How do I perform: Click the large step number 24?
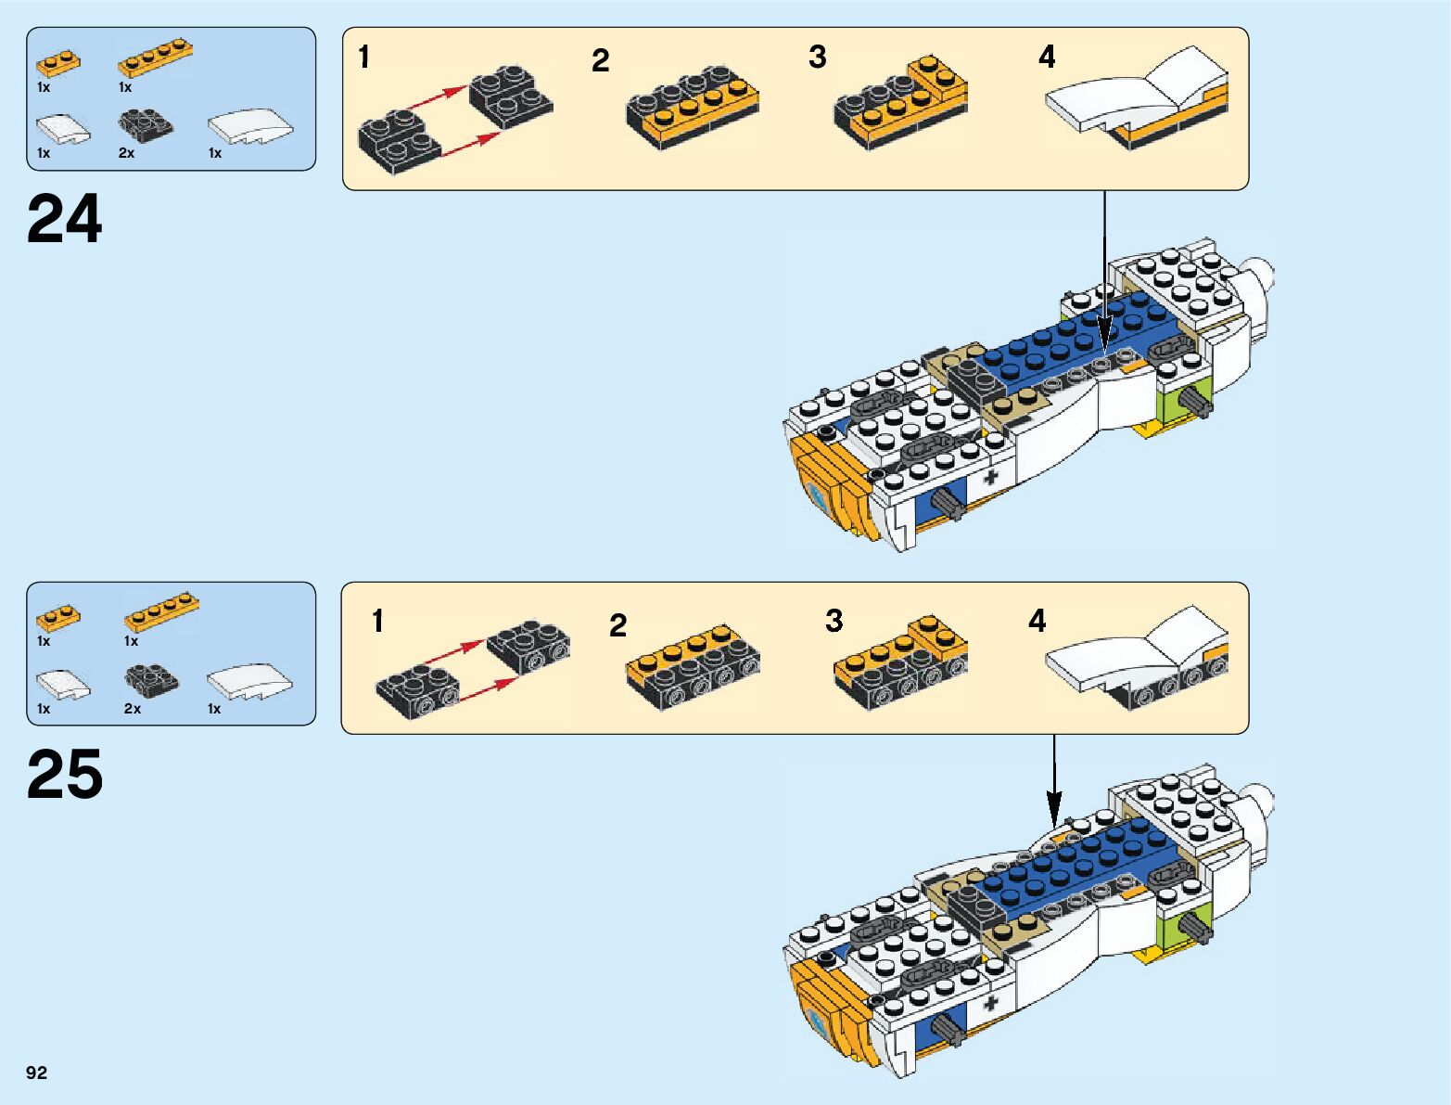tap(65, 221)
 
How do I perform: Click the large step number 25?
tap(65, 776)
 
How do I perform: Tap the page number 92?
tap(36, 1073)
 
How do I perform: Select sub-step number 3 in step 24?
tap(817, 58)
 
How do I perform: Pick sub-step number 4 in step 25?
tap(1037, 621)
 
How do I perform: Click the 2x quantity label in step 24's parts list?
tap(126, 153)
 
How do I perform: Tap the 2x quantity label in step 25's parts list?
tap(132, 709)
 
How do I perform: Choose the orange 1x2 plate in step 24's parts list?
tap(57, 63)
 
